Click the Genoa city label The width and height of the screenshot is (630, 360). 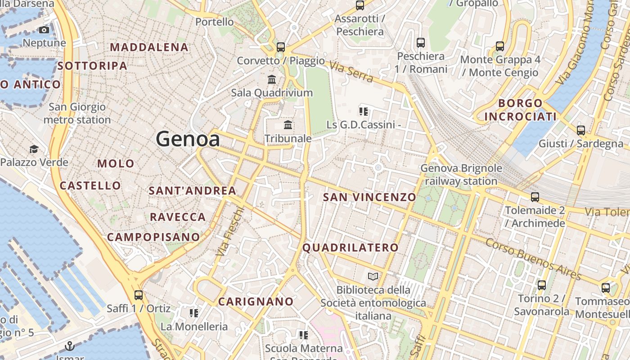(188, 139)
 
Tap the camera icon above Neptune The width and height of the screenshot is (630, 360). (44, 30)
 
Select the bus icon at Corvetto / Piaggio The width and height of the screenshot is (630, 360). (281, 47)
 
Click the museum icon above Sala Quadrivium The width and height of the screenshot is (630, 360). (272, 80)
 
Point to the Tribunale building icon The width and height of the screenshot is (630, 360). (288, 125)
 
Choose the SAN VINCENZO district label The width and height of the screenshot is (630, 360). (369, 197)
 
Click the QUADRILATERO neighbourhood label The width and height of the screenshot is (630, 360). (351, 247)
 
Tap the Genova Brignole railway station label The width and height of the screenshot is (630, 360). (461, 175)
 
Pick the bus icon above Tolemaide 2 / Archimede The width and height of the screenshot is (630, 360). (535, 197)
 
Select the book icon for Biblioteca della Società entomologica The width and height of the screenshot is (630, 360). (373, 276)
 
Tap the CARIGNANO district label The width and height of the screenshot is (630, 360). (256, 301)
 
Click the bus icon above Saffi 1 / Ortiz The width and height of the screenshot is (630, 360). (139, 295)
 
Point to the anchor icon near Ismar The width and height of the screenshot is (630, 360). (69, 346)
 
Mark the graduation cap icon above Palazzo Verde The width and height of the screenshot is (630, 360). (34, 149)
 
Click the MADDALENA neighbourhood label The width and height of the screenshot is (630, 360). (149, 47)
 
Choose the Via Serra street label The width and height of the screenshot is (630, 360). (351, 72)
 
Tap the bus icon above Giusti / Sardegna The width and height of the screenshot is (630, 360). (581, 130)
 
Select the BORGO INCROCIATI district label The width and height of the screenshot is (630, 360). (520, 110)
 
